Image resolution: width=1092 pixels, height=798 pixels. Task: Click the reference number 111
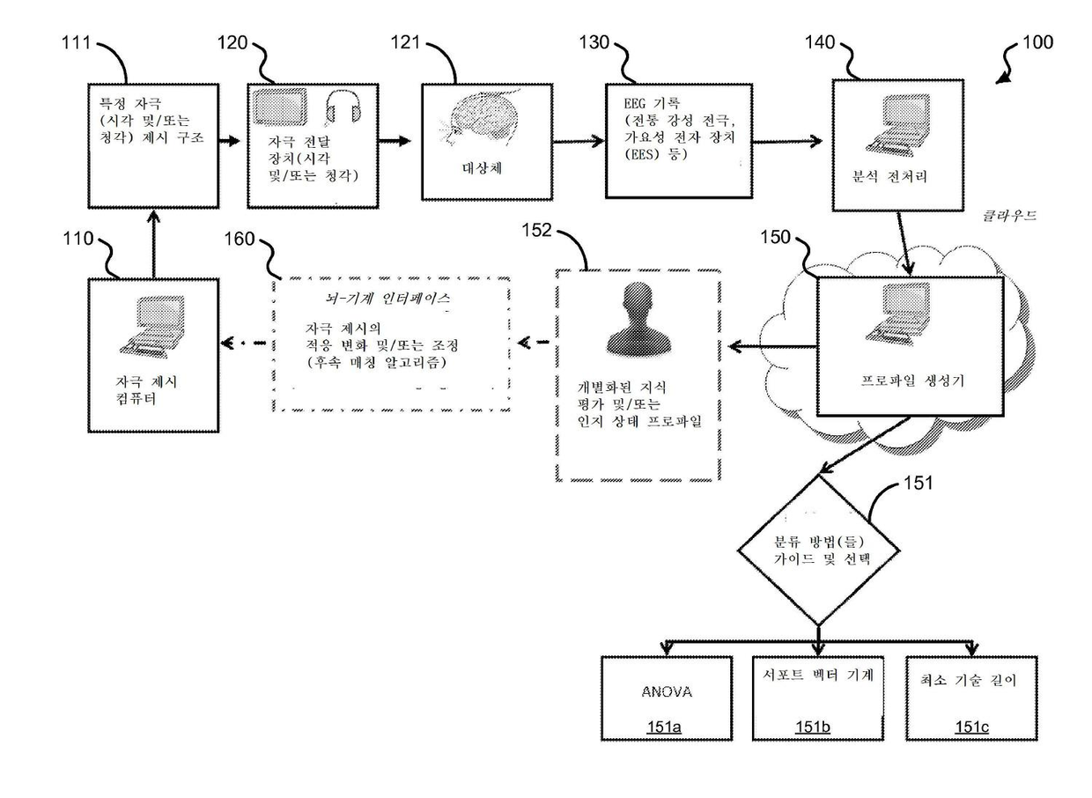(x=77, y=43)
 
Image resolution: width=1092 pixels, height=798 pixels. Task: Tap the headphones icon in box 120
(x=343, y=108)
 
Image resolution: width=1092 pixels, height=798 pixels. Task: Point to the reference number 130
(x=594, y=42)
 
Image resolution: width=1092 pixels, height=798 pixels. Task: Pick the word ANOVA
(x=667, y=691)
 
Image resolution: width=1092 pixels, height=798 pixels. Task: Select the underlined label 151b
(x=813, y=727)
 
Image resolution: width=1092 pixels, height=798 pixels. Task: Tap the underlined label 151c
(x=971, y=727)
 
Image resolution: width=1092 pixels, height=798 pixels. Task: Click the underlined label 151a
(x=664, y=727)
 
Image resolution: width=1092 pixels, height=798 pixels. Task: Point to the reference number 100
(x=1038, y=42)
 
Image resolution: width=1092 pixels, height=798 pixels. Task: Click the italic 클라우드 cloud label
(x=1009, y=216)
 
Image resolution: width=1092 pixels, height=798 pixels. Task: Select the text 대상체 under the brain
(x=482, y=168)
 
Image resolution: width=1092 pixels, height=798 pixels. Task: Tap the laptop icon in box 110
(x=152, y=327)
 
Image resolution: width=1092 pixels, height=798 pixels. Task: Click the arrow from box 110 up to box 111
(x=153, y=244)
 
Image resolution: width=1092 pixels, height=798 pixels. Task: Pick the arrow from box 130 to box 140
(x=787, y=142)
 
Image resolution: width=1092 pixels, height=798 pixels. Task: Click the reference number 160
(x=240, y=239)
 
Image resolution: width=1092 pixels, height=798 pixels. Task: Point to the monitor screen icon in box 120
(x=281, y=107)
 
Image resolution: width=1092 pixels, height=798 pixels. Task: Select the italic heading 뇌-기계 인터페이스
(x=387, y=299)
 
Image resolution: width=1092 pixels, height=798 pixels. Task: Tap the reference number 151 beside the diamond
(x=919, y=483)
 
